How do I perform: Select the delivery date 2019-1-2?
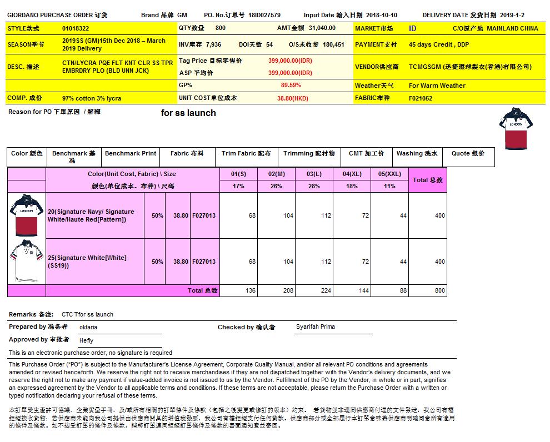click(512, 15)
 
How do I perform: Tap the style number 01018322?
click(76, 28)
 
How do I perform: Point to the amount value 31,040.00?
click(322, 28)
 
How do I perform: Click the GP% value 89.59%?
click(291, 86)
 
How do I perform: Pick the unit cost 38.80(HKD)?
click(292, 98)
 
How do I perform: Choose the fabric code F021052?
click(421, 98)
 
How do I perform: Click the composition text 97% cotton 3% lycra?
click(92, 98)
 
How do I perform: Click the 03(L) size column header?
click(314, 174)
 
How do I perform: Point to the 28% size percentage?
click(314, 186)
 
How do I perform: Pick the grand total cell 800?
click(439, 290)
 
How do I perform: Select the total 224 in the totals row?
click(326, 290)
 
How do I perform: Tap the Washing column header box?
click(417, 157)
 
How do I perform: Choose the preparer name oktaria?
click(88, 328)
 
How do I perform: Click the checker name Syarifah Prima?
click(316, 327)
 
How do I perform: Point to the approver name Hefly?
click(86, 340)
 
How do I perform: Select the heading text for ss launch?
click(188, 113)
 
